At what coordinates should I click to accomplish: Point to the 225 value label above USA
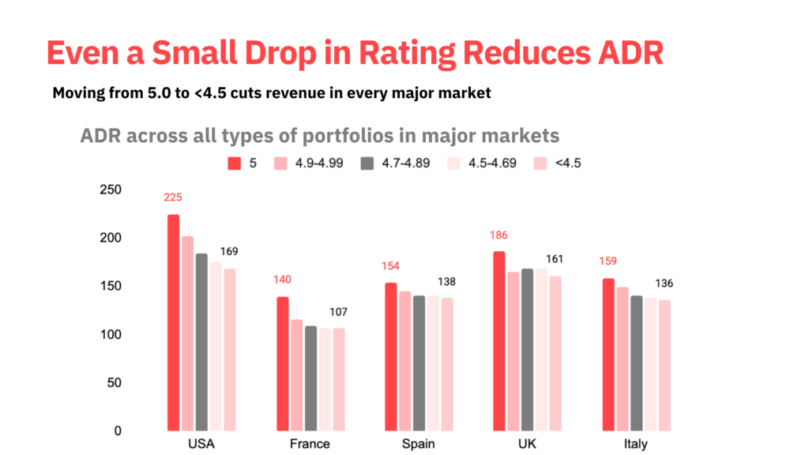(173, 197)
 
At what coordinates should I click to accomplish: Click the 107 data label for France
(339, 312)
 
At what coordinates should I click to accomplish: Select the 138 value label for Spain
(446, 282)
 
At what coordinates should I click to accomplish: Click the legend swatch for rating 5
(234, 164)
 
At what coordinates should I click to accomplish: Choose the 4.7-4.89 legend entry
(395, 164)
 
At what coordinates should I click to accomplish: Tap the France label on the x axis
(310, 444)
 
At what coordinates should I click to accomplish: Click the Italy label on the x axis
(635, 444)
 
